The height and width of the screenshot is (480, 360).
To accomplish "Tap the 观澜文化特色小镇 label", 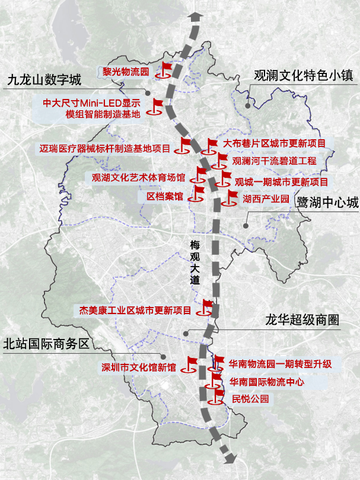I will pos(303,76).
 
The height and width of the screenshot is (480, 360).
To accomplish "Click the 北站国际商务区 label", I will pos(46,344).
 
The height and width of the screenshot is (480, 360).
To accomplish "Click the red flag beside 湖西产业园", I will pos(228,198).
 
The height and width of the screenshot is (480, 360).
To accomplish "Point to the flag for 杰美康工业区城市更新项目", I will pos(207,306).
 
